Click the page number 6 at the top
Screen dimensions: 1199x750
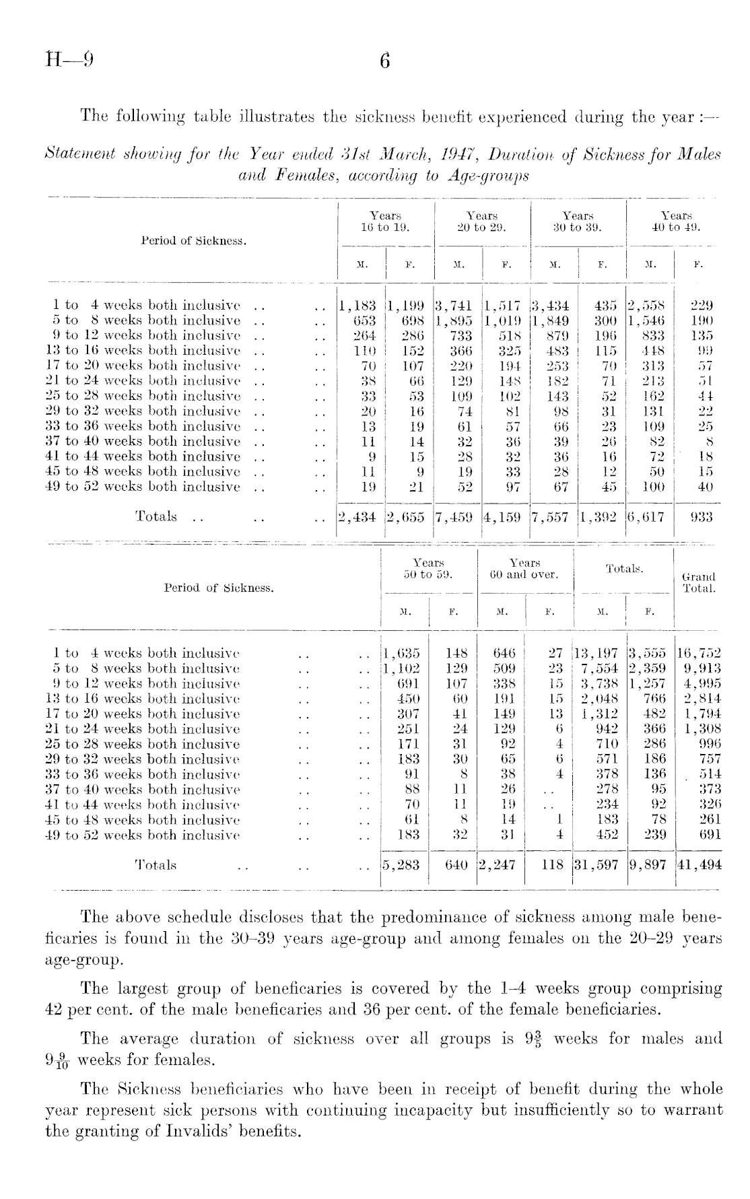(x=384, y=61)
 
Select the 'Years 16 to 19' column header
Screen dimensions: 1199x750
(x=386, y=221)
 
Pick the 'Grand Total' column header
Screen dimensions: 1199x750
(x=699, y=582)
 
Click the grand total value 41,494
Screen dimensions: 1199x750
(x=699, y=865)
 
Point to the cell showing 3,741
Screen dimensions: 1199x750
(x=454, y=305)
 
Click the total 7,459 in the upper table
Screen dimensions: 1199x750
(x=454, y=516)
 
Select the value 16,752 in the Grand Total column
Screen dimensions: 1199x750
(x=699, y=653)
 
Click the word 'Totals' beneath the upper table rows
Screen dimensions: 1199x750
(x=156, y=516)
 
